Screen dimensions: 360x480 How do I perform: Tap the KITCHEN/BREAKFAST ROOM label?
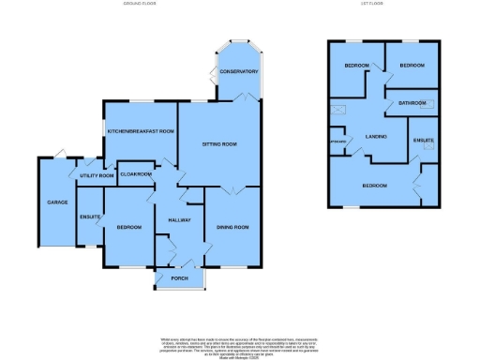[140, 131]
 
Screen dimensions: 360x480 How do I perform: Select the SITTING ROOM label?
[220, 144]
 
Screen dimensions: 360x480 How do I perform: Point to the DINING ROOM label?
[232, 227]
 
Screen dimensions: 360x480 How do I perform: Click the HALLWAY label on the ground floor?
[178, 219]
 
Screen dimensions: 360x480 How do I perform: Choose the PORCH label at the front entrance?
[178, 277]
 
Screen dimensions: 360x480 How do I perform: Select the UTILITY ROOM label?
[97, 175]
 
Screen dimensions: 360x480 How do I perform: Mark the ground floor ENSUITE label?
[89, 217]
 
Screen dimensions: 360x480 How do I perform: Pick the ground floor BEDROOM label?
[128, 227]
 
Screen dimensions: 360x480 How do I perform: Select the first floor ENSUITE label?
[424, 140]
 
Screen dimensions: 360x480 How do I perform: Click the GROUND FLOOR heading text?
[139, 4]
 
